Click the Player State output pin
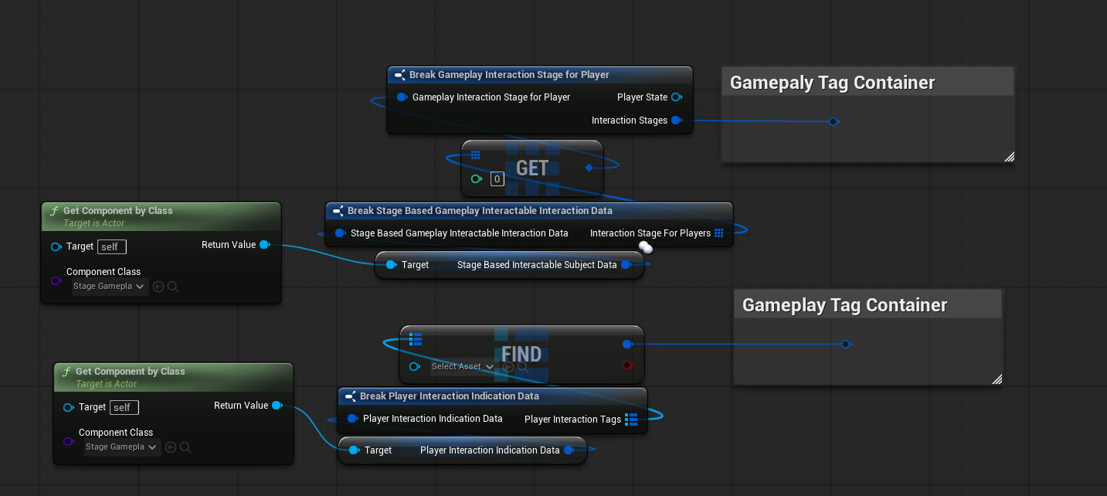(676, 97)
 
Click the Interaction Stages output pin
(676, 121)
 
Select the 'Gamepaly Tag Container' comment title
(832, 83)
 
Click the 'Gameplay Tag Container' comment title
(844, 305)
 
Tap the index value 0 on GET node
(497, 179)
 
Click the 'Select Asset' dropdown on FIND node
(462, 367)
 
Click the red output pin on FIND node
(627, 365)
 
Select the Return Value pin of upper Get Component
(264, 245)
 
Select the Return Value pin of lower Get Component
(277, 406)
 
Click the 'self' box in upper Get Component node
(112, 246)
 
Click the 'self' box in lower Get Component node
(124, 407)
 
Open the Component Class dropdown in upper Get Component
(109, 287)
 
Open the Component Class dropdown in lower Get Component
(121, 447)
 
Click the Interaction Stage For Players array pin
(718, 233)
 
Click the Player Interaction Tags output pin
(630, 420)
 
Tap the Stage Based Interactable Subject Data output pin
(626, 265)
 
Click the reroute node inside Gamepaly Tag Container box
(833, 121)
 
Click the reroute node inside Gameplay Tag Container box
(845, 344)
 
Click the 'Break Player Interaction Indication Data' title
(449, 396)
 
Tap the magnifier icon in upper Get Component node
(173, 287)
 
